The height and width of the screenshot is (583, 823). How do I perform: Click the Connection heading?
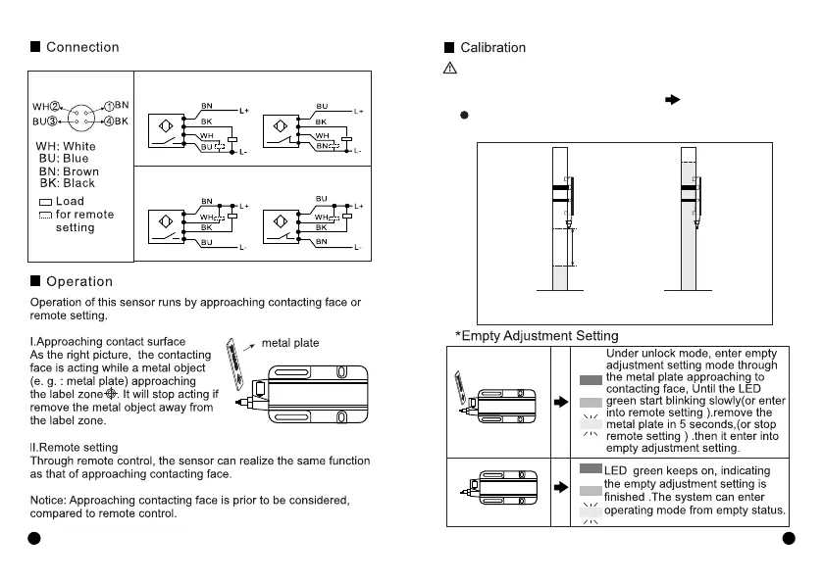[x=82, y=47]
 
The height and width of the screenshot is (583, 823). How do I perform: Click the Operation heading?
[x=79, y=282]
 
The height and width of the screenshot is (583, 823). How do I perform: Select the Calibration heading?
[x=492, y=47]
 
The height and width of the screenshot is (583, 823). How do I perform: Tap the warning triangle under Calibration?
[x=449, y=69]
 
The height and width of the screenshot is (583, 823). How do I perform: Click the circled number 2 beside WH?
[x=56, y=105]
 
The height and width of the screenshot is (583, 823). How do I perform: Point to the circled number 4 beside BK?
[x=110, y=121]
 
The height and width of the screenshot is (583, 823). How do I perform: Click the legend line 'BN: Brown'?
[x=69, y=171]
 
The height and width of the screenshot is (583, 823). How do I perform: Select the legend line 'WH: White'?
[x=67, y=147]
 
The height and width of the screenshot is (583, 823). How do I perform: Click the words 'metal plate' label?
[x=290, y=343]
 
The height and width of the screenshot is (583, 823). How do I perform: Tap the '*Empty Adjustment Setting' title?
[x=538, y=336]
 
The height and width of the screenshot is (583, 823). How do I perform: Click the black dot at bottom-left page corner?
[x=33, y=538]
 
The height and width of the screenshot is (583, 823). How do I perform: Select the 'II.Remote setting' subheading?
[x=75, y=448]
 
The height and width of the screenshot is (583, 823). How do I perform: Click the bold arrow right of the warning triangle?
[x=673, y=99]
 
